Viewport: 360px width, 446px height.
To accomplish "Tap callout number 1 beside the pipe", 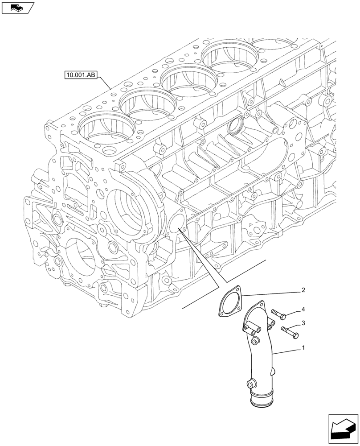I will [x=304, y=346].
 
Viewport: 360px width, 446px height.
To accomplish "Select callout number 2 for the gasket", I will [x=303, y=290].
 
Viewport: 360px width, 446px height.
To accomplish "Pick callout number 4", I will [x=303, y=309].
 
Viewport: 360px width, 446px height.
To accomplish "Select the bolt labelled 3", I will [x=290, y=331].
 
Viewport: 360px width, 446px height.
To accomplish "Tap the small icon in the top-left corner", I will [x=18, y=7].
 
